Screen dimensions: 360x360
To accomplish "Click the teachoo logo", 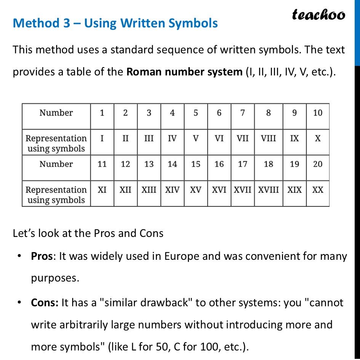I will tap(318, 14).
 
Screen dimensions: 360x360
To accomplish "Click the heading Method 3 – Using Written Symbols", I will tap(115, 23).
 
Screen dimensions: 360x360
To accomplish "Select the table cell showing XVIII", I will tap(268, 190).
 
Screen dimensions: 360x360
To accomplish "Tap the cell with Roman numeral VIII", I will tap(268, 138).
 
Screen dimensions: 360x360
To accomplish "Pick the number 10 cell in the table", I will tap(317, 113).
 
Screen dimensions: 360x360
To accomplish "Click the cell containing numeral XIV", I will tap(172, 190).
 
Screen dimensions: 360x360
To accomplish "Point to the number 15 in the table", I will tap(195, 164).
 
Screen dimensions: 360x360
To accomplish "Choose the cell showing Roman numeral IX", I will tap(294, 138).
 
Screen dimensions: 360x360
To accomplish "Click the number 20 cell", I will tap(317, 164).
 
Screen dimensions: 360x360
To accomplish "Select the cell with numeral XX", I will tap(317, 190).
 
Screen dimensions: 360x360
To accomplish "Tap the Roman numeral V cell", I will tap(195, 138).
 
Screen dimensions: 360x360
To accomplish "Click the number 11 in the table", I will tap(102, 164).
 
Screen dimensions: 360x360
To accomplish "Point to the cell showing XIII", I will tap(149, 190).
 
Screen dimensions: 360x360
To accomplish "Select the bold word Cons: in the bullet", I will tap(45, 303).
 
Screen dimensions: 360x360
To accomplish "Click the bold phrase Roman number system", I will tap(184, 72).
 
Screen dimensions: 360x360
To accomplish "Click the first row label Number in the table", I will tap(56, 113).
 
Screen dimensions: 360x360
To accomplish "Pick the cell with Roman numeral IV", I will tap(172, 138).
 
